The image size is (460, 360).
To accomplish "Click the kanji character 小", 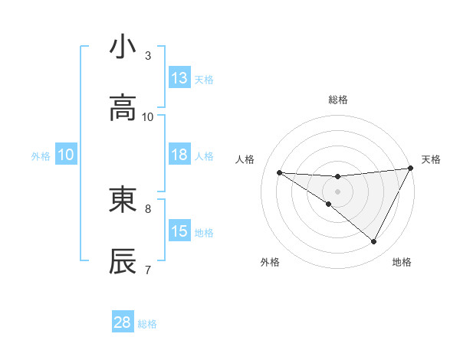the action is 123,47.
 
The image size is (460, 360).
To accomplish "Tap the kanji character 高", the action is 123,110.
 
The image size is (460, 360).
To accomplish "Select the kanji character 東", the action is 123,200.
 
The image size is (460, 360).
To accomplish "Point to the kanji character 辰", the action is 123,261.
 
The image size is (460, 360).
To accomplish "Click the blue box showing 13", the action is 179,78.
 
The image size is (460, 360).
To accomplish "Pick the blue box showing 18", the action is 179,155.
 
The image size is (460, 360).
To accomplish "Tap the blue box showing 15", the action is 179,231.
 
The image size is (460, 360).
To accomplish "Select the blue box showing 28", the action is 123,322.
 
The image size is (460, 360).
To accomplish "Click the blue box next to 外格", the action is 66,155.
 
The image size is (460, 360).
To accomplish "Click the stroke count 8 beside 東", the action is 148,208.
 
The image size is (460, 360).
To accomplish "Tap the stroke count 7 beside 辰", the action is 148,270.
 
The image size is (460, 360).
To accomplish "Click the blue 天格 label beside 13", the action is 203,79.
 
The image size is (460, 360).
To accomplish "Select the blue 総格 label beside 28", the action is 147,323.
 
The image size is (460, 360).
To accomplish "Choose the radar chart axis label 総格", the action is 337,100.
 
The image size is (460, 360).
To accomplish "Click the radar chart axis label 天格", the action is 431,159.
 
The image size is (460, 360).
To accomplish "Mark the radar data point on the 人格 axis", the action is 279,172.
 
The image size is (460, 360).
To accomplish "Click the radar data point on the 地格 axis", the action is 374,242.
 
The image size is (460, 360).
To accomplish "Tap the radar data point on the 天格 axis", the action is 412,168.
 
